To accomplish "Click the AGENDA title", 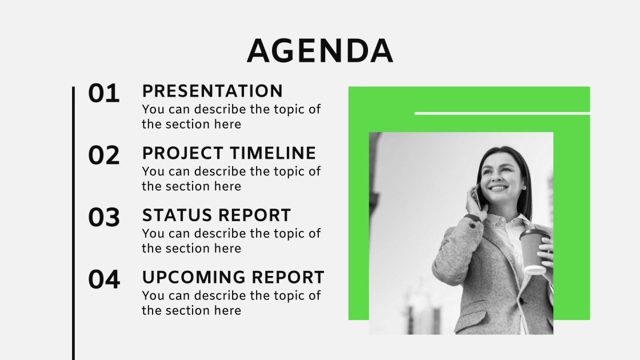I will (x=320, y=51).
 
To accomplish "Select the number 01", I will (x=104, y=94).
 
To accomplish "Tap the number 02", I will (x=104, y=156).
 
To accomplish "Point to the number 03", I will (x=104, y=218).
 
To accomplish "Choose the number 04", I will (x=104, y=280).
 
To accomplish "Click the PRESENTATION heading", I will (x=212, y=91).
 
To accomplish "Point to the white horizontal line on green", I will (x=502, y=113).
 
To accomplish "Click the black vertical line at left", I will (x=74, y=223).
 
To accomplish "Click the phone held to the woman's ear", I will (x=475, y=197).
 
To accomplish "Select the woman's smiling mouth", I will (x=498, y=187).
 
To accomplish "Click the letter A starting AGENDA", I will (x=260, y=51).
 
